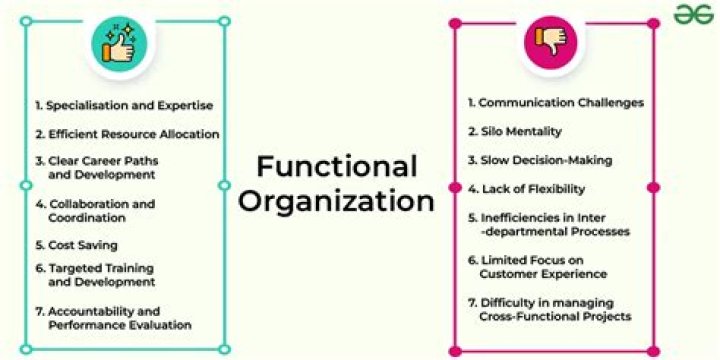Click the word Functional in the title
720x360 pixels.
(336, 165)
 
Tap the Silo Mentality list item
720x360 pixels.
(515, 131)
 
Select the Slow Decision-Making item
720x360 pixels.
(540, 160)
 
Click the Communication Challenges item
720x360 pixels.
(556, 103)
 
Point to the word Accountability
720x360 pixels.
(88, 311)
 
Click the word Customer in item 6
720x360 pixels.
(510, 273)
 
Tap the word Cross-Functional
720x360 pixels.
(529, 316)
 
